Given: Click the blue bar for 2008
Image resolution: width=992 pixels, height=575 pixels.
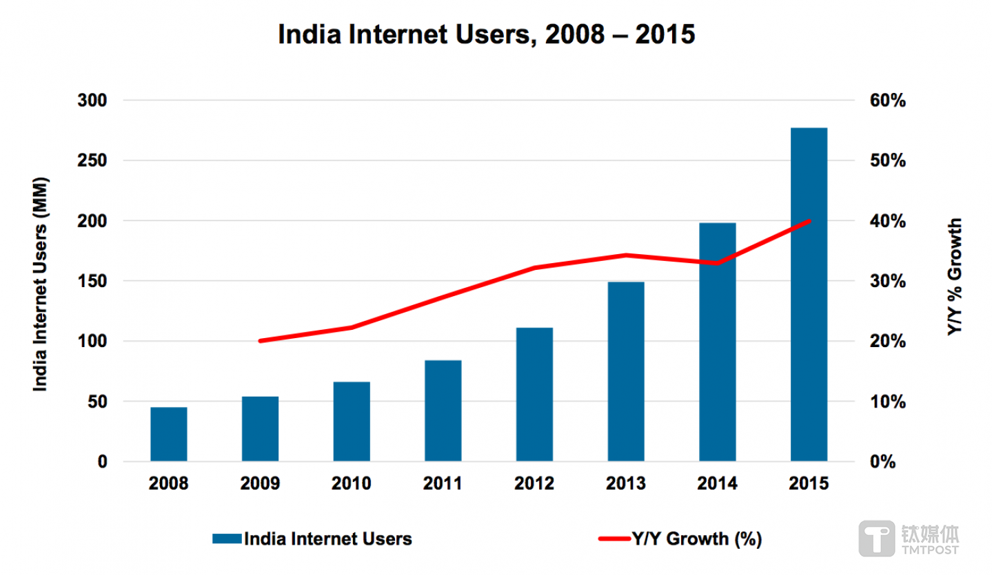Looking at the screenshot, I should [x=169, y=434].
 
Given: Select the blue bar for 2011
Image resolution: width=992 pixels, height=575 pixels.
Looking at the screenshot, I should [x=443, y=410].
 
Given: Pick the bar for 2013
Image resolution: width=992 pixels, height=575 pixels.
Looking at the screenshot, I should [x=626, y=371].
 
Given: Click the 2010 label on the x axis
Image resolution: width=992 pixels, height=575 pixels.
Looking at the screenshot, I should [x=352, y=483].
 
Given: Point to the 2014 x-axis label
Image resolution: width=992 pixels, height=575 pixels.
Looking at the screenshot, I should [x=717, y=483].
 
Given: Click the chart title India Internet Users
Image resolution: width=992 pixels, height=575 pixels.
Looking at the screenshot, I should [x=487, y=34].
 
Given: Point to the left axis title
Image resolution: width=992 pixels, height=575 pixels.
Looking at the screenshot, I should [x=41, y=281].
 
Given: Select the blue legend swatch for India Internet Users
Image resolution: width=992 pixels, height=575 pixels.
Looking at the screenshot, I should [x=226, y=539].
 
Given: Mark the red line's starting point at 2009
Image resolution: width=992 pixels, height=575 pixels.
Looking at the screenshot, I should [x=260, y=341].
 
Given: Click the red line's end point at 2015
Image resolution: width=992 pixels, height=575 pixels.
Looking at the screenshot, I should [x=809, y=221].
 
